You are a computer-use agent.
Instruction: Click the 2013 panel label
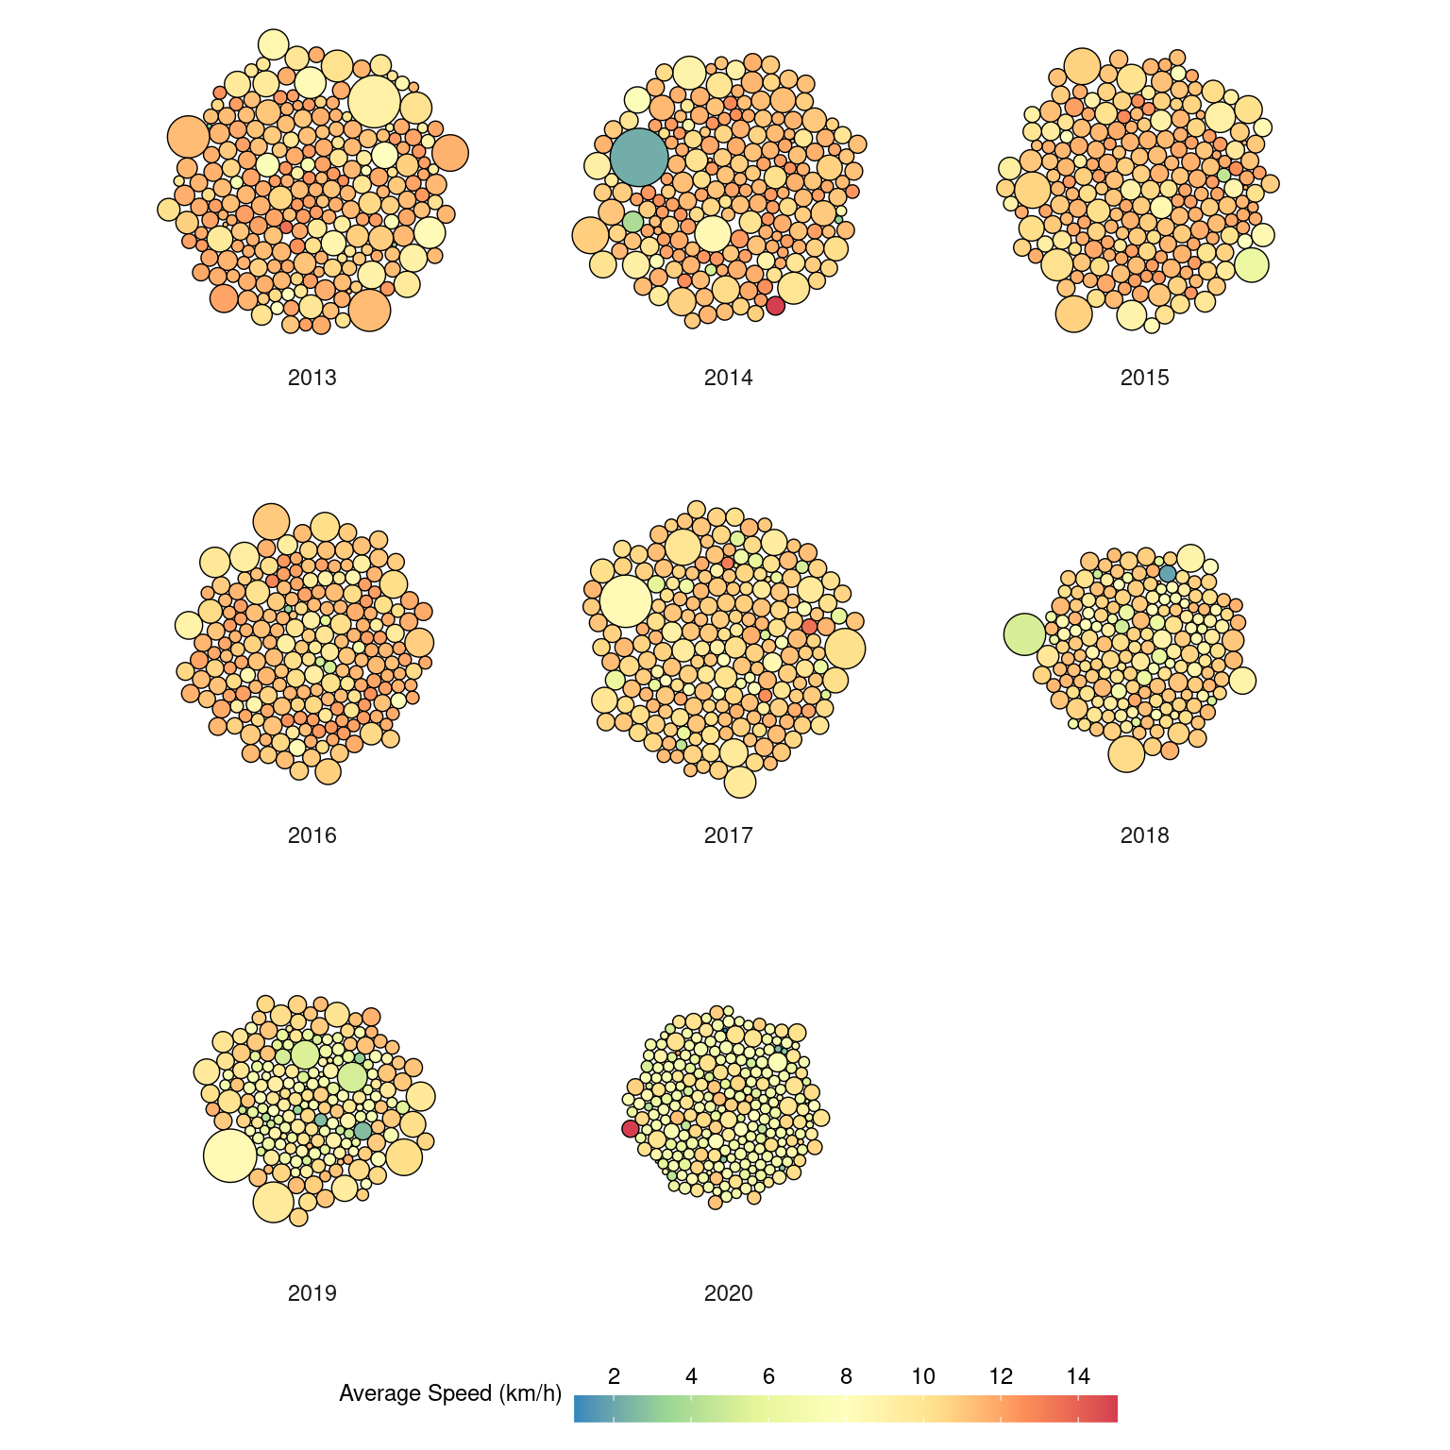(x=312, y=378)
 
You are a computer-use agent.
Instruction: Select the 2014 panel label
(x=728, y=378)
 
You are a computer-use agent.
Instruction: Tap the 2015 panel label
(x=1144, y=378)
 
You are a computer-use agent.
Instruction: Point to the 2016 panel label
(x=312, y=835)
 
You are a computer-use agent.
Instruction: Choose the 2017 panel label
(x=728, y=835)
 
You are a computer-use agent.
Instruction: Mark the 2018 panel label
(x=1144, y=835)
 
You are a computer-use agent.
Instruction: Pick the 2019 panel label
(x=312, y=1293)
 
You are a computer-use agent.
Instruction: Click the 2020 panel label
(x=728, y=1293)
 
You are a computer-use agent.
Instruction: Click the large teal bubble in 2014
(x=639, y=157)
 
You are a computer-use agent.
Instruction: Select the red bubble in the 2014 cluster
(x=775, y=306)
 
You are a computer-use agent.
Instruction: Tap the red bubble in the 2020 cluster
(x=631, y=1129)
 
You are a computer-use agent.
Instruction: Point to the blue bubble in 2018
(x=1168, y=573)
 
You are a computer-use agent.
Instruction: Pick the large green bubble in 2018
(x=1024, y=634)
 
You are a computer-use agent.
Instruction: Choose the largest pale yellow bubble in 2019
(x=229, y=1155)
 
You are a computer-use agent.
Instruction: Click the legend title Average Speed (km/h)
(x=450, y=1393)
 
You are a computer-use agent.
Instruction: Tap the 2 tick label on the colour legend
(x=615, y=1376)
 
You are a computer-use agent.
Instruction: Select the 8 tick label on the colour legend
(x=846, y=1376)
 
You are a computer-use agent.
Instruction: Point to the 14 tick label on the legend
(x=1078, y=1376)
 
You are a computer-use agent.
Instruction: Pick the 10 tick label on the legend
(x=923, y=1376)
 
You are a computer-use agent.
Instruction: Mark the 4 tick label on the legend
(x=692, y=1376)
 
